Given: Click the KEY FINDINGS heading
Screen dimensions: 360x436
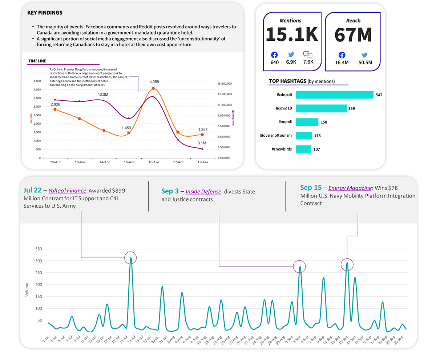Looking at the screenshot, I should coord(45,13).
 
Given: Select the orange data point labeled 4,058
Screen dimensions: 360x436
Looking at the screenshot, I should coord(153,88).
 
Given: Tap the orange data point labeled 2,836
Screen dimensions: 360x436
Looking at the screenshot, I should coord(55,109).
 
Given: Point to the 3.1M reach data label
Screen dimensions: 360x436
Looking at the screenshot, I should coord(202,143).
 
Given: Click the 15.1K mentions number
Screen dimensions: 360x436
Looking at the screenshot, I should coord(292,35).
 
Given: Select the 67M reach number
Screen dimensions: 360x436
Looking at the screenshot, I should coord(353,35).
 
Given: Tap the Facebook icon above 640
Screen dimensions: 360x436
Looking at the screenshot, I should coord(274,55).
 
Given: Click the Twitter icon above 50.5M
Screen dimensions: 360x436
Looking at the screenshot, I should coord(364,55).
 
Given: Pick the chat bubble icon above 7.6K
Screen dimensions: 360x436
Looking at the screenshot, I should coord(308,55).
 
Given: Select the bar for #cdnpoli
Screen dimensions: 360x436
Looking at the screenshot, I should coord(334,95).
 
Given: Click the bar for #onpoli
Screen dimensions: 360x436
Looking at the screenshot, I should coord(307,122).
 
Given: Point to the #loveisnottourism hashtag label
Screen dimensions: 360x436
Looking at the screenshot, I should coord(276,136).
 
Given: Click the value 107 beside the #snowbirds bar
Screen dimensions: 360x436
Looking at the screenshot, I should coord(316,149).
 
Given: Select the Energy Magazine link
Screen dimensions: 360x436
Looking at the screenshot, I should coord(350,188).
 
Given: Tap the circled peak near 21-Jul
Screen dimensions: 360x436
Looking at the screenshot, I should coord(130,258).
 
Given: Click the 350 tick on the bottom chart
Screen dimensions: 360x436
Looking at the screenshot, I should coord(38,249).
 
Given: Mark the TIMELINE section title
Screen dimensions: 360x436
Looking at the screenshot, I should coord(37,61).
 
